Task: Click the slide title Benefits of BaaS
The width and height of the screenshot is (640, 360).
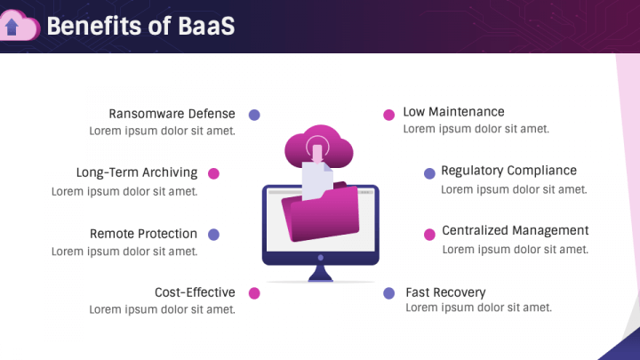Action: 140,27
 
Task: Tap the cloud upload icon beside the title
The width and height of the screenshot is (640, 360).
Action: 20,27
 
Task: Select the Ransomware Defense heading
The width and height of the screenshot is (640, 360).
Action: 172,114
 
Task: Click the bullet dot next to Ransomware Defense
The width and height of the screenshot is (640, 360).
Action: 254,115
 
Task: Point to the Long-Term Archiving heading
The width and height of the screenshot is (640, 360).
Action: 136,173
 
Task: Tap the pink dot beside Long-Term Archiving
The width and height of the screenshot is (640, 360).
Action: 213,174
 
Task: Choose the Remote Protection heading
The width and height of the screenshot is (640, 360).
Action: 143,234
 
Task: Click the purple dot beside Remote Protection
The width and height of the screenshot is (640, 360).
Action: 213,235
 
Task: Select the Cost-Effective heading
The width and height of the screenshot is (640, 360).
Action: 195,292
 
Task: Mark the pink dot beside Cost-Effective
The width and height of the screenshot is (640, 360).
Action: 254,293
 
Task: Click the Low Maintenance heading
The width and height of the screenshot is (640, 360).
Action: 453,112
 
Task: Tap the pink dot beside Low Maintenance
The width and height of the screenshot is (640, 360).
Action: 388,115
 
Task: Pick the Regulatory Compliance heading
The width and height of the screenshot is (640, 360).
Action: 508,171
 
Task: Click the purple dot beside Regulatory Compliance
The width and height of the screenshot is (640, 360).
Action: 429,173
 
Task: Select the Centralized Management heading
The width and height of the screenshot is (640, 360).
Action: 515,231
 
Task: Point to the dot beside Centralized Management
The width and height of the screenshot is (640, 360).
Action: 429,234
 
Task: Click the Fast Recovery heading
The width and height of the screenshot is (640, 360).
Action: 445,292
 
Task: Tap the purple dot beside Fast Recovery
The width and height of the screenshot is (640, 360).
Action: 388,293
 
